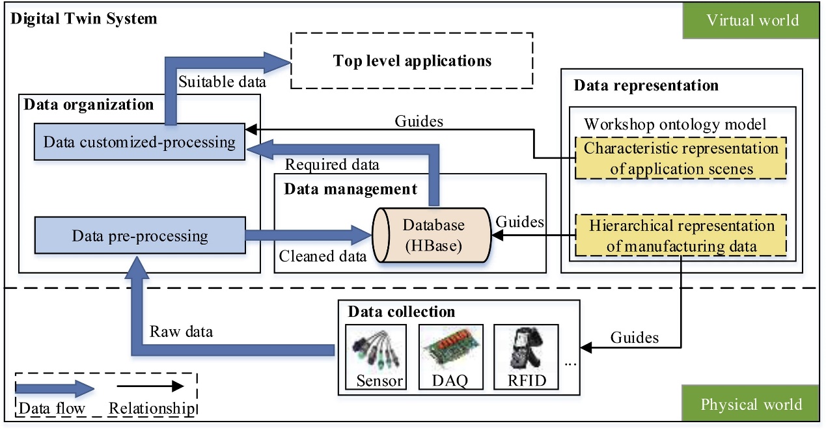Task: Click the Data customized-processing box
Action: [x=139, y=142]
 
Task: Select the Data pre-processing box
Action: [x=139, y=235]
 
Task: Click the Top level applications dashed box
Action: [x=411, y=61]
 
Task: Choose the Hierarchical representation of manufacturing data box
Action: [x=681, y=235]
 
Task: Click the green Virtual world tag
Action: [x=751, y=20]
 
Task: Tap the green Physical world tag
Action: [x=751, y=405]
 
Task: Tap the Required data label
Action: [x=332, y=165]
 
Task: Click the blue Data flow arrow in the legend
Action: [x=55, y=390]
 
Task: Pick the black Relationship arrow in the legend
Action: [x=146, y=386]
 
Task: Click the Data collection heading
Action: [x=401, y=312]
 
